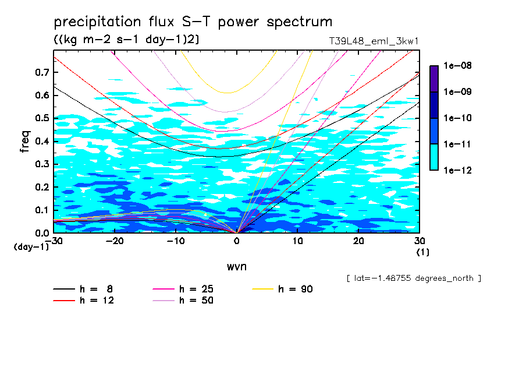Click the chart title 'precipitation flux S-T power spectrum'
(193, 23)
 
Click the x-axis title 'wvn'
(236, 266)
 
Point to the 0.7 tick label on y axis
(41, 72)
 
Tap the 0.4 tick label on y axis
(41, 141)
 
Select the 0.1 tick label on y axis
(41, 210)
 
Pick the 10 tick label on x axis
(297, 241)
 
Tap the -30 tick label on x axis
(54, 241)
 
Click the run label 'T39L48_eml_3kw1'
(374, 41)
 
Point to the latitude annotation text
(413, 278)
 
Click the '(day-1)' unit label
(31, 247)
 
